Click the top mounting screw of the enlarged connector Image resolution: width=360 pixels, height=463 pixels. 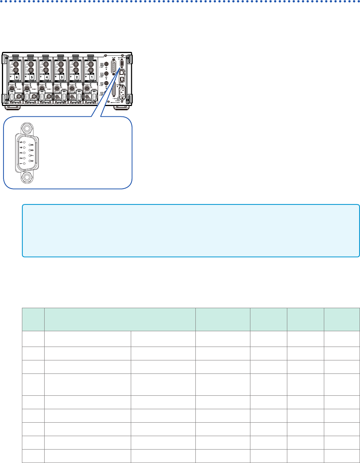click(x=27, y=127)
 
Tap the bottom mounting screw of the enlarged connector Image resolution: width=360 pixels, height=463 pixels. click(x=27, y=178)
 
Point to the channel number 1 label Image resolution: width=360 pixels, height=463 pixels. click(x=92, y=77)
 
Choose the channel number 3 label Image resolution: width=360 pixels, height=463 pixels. click(x=62, y=77)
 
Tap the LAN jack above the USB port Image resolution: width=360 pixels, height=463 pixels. click(x=122, y=72)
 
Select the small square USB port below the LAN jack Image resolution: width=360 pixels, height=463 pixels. click(x=122, y=79)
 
